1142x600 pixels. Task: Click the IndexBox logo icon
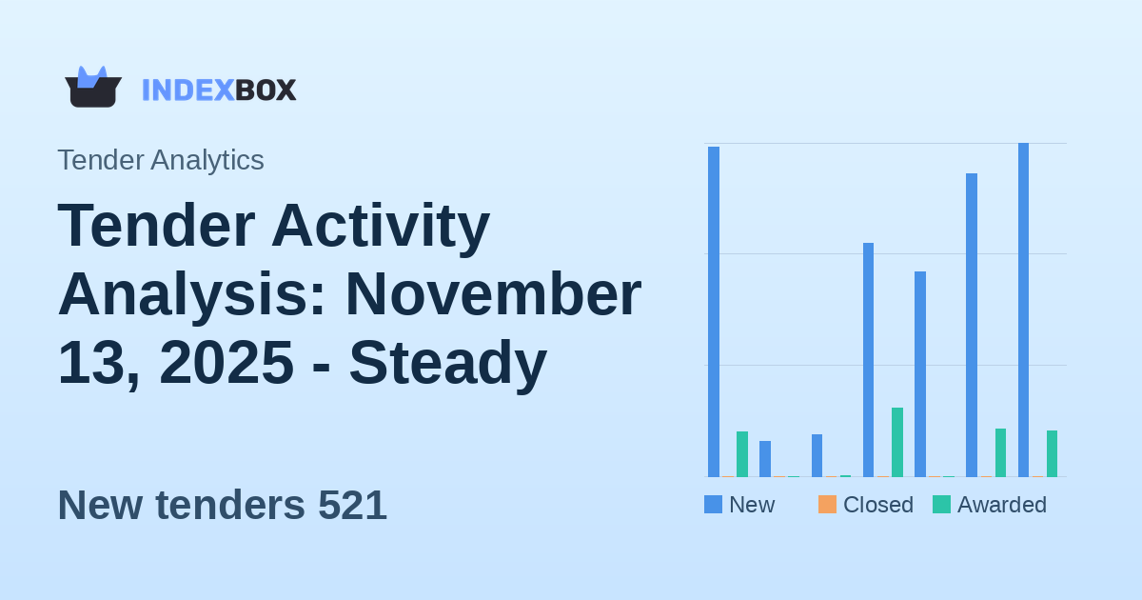click(92, 88)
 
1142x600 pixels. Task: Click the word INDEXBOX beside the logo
click(219, 90)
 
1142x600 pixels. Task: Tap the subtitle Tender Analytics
click(161, 160)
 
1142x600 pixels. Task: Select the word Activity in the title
click(380, 226)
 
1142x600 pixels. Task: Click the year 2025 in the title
click(226, 363)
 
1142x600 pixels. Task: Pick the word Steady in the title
click(447, 363)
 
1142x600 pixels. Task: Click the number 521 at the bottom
click(352, 505)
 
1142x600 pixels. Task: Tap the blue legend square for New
click(713, 505)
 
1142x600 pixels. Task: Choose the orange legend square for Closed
click(827, 505)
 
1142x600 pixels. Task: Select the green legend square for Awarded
click(941, 505)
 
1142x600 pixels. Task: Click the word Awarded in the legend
click(1001, 505)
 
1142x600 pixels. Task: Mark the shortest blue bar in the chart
click(765, 458)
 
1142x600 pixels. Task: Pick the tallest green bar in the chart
click(897, 442)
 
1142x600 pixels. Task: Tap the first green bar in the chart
click(742, 454)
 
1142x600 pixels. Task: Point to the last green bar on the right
click(1052, 453)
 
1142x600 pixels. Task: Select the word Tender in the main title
click(156, 226)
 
